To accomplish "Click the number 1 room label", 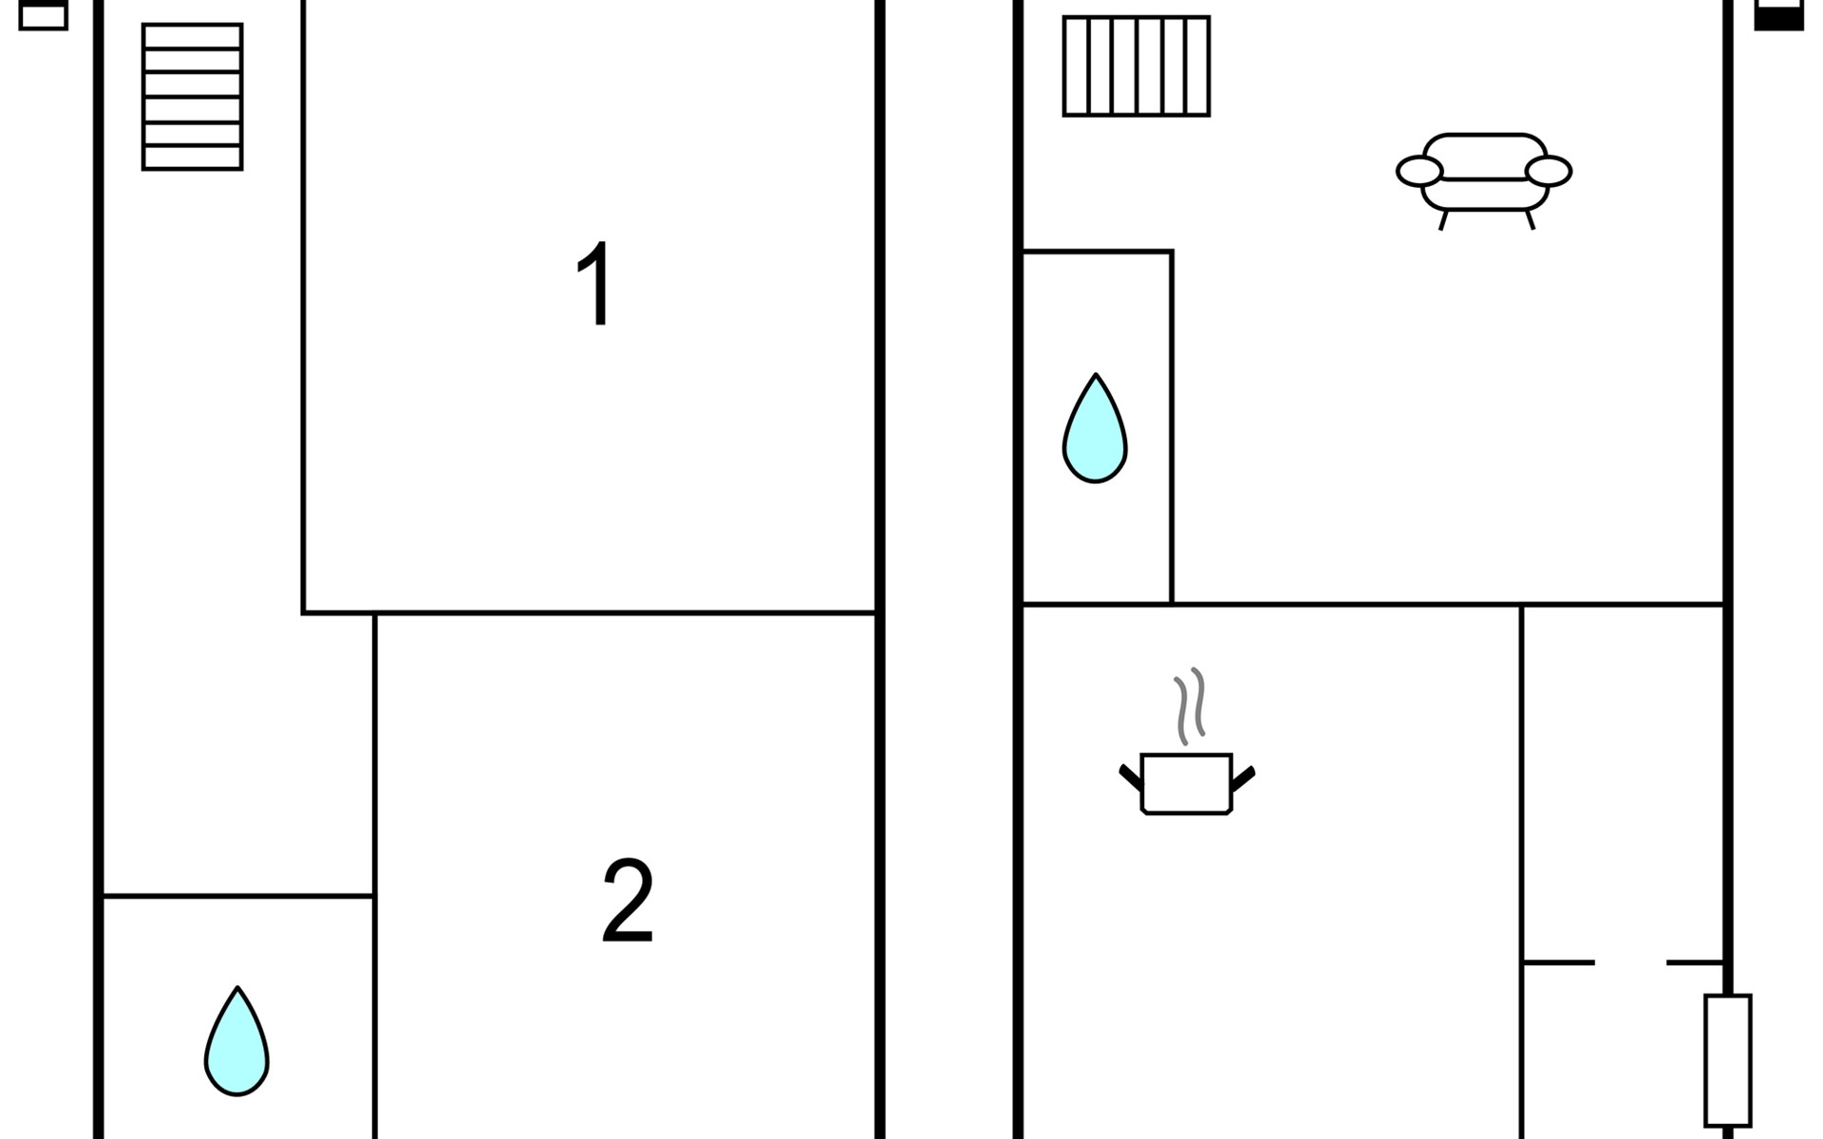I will (x=595, y=284).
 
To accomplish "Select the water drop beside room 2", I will (x=236, y=1042).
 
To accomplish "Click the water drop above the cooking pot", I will (x=1095, y=430).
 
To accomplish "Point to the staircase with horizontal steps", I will (x=192, y=97).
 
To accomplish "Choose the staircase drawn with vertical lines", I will (x=1136, y=65).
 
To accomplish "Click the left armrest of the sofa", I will (x=1419, y=171).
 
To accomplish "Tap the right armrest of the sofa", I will (x=1549, y=171).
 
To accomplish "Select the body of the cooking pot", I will (x=1186, y=783).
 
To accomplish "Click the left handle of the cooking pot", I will (x=1130, y=777).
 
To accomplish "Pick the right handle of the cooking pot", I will (x=1243, y=777).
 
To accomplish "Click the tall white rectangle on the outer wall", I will (x=1727, y=1059).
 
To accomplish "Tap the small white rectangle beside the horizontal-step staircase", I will (x=43, y=16).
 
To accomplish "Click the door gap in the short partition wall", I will (x=1630, y=962).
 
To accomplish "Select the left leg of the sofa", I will (x=1443, y=220).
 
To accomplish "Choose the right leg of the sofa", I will (x=1530, y=220).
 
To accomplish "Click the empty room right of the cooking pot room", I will (x=1622, y=778).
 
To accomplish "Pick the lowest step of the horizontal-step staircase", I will (x=192, y=158).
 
